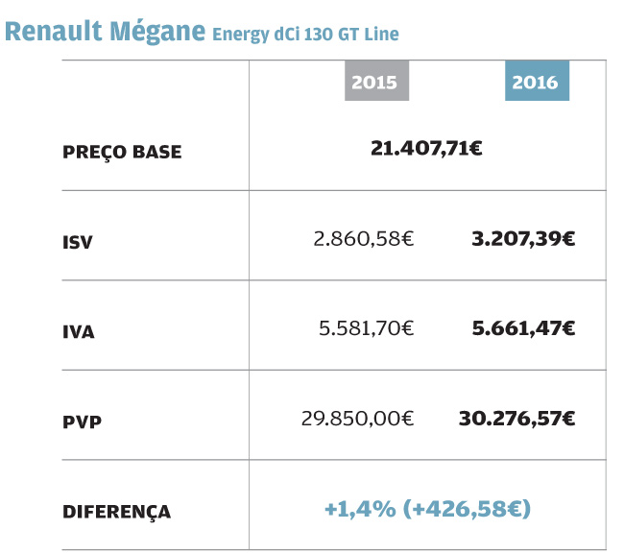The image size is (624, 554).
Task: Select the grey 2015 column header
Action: click(374, 83)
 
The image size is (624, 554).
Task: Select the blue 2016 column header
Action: click(535, 83)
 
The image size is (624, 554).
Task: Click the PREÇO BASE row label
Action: click(122, 152)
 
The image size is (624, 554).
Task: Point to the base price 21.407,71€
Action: click(426, 148)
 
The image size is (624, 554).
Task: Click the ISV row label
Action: click(78, 242)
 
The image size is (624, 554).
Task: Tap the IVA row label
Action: click(79, 332)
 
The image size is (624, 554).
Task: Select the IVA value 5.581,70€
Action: click(366, 327)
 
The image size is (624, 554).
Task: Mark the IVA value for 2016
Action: click(523, 327)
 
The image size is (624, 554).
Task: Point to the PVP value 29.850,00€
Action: click(357, 418)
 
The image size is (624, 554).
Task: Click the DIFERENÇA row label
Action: click(116, 512)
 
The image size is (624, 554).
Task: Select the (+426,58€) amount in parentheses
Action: click(469, 507)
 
